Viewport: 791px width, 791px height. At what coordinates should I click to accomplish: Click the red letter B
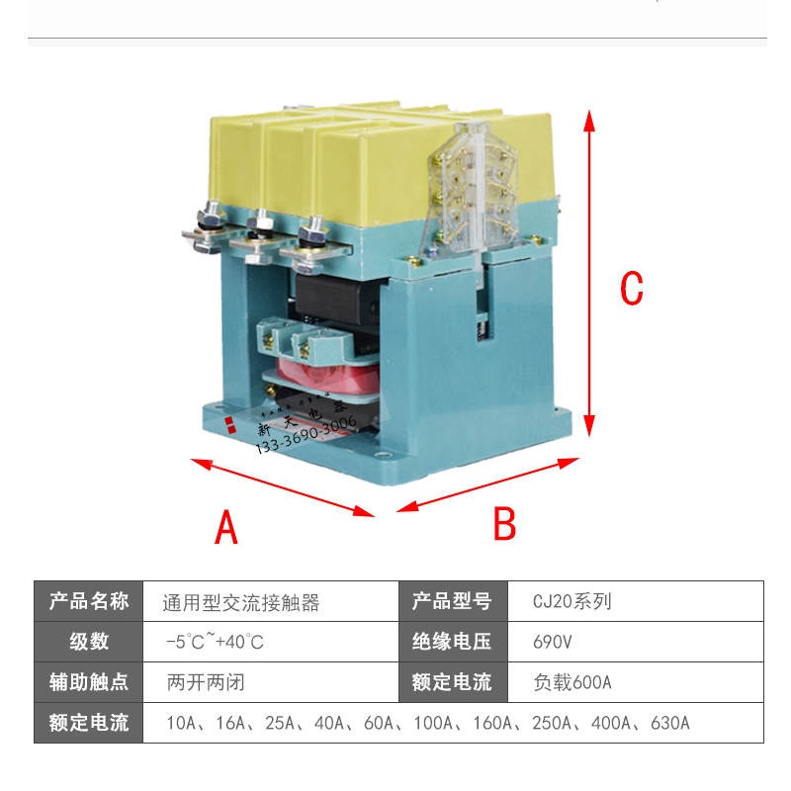(x=504, y=524)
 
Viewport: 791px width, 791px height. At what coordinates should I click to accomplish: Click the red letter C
(x=631, y=288)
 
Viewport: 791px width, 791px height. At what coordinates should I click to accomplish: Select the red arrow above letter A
(x=283, y=486)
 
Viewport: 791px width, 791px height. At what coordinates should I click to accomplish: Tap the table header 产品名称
(x=89, y=601)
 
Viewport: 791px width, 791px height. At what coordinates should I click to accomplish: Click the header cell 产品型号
(x=451, y=601)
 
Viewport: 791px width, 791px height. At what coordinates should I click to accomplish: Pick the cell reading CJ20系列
(x=572, y=601)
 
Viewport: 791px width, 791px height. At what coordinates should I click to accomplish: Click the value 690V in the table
(x=553, y=642)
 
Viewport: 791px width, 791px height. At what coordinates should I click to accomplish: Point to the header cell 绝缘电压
(x=451, y=642)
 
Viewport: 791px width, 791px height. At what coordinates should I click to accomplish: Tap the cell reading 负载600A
(x=572, y=682)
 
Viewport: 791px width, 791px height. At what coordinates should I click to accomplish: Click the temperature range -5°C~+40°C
(x=215, y=642)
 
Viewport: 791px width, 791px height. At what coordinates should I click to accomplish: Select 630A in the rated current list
(x=669, y=723)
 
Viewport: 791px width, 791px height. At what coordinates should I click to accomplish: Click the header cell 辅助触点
(x=89, y=682)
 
